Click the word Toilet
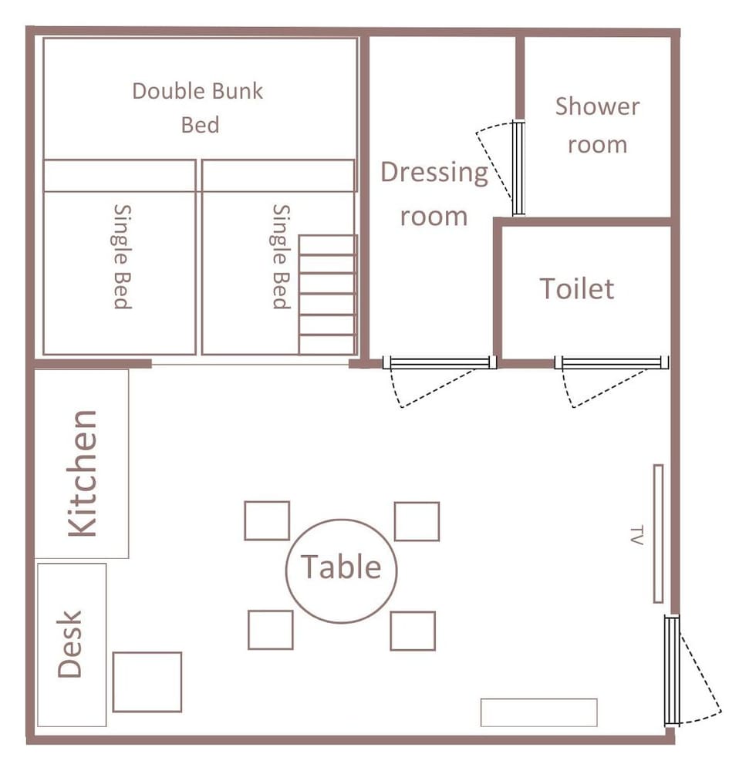tap(577, 288)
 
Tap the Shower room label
tap(598, 126)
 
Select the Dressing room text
tap(434, 194)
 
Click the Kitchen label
tap(83, 473)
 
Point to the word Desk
tap(69, 644)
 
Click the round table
tap(341, 571)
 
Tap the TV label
tap(636, 536)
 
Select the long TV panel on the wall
tap(658, 534)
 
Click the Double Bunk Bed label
tap(197, 108)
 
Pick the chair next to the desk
tap(147, 682)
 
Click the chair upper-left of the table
tap(267, 520)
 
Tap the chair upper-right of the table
tap(417, 521)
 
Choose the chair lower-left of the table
tap(271, 630)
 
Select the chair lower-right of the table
tap(413, 631)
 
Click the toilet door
tap(612, 363)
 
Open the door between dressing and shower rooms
tap(518, 167)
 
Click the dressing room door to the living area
tap(440, 363)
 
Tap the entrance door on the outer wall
tap(672, 670)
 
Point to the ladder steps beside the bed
tap(327, 295)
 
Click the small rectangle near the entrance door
tap(538, 712)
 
